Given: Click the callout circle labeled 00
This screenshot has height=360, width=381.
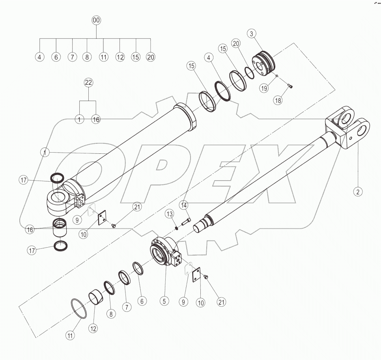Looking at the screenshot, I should [x=97, y=20].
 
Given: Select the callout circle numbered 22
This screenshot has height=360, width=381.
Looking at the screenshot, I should [x=88, y=82].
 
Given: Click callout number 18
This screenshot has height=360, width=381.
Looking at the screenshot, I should [x=278, y=100].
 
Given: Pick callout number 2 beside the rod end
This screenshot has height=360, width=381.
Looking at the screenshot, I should [x=357, y=192].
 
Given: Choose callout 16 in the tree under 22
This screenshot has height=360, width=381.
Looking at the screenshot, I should [x=96, y=119].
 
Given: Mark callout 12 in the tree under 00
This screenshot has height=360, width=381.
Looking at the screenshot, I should [x=120, y=57].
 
